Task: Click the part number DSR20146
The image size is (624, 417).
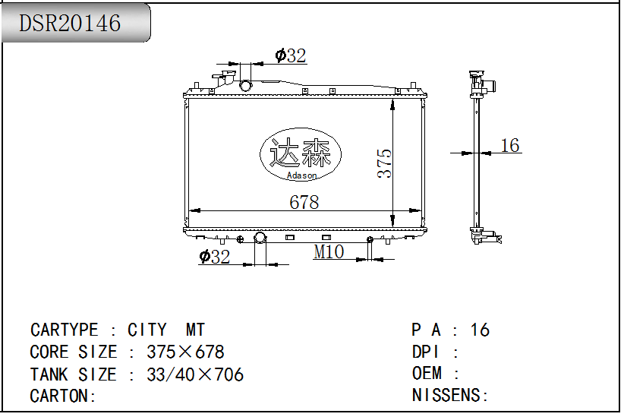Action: (x=70, y=23)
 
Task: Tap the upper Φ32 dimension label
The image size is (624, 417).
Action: (x=291, y=55)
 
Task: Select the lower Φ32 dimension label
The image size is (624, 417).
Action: (x=215, y=257)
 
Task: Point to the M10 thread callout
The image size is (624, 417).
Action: (x=329, y=251)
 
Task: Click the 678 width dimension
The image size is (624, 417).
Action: (x=304, y=202)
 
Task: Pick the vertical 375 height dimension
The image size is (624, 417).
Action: (x=384, y=163)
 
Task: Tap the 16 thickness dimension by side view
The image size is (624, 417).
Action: (x=510, y=145)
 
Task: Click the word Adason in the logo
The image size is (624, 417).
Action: (x=301, y=175)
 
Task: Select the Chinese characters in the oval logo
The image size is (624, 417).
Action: (x=301, y=153)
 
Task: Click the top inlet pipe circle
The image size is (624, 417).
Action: (x=245, y=85)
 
